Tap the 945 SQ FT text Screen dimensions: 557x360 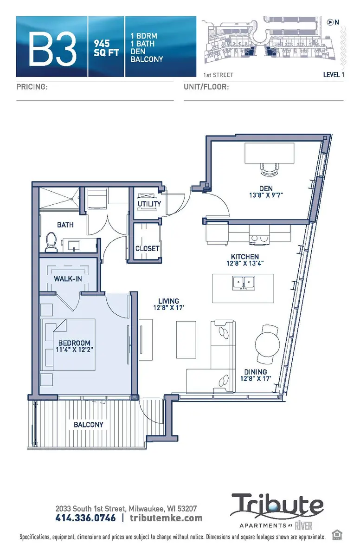pos(106,48)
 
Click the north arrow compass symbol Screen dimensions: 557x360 pos(330,22)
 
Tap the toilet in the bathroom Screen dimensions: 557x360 pos(51,242)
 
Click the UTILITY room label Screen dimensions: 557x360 pos(149,204)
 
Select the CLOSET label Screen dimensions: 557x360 pos(147,248)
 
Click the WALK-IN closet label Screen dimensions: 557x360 pos(68,279)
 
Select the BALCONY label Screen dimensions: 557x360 pos(88,424)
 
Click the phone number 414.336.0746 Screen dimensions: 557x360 pos(86,518)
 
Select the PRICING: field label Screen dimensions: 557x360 pos(32,87)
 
